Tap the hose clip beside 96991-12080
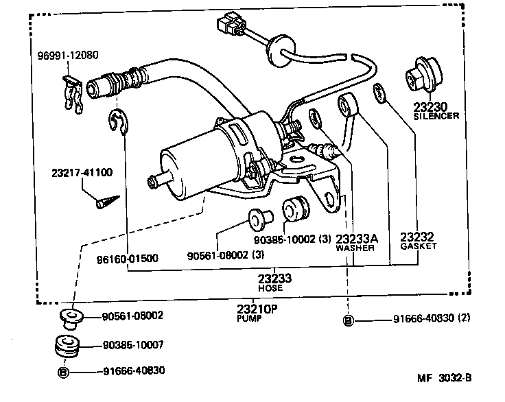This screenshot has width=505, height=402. [x=74, y=91]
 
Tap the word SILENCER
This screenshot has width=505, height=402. [x=436, y=117]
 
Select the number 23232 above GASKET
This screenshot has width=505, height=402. [x=418, y=235]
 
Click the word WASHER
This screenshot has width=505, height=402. [x=355, y=248]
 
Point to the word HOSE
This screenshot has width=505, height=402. [x=270, y=288]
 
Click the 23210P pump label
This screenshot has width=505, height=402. [x=258, y=309]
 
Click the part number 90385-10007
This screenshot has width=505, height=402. [x=133, y=344]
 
